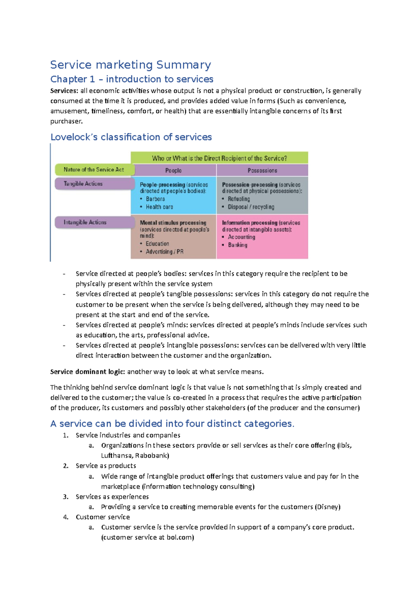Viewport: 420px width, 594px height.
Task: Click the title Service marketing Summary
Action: (130, 65)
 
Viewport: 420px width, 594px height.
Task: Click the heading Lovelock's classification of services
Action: (131, 137)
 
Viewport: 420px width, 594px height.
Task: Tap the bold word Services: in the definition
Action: (64, 91)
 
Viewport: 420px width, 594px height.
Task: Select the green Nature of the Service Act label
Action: (93, 170)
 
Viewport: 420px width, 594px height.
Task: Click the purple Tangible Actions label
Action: (83, 184)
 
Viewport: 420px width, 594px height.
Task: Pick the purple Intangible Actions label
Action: (85, 222)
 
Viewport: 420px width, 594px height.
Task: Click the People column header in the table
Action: (173, 170)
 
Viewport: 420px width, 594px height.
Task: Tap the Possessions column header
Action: (262, 170)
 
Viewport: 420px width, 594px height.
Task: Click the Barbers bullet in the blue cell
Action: (155, 199)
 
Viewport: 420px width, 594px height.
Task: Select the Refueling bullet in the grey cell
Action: (239, 199)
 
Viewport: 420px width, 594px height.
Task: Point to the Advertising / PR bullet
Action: (164, 252)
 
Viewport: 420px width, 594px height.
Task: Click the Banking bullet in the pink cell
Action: (238, 245)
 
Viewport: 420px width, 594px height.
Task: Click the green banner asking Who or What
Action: (219, 158)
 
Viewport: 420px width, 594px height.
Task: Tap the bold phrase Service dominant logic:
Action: (87, 372)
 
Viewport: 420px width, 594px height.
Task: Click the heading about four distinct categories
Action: (172, 424)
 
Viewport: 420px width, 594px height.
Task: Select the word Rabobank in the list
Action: (151, 455)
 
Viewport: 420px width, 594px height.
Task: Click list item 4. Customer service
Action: (103, 517)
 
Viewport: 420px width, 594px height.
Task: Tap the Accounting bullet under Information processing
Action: (241, 237)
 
